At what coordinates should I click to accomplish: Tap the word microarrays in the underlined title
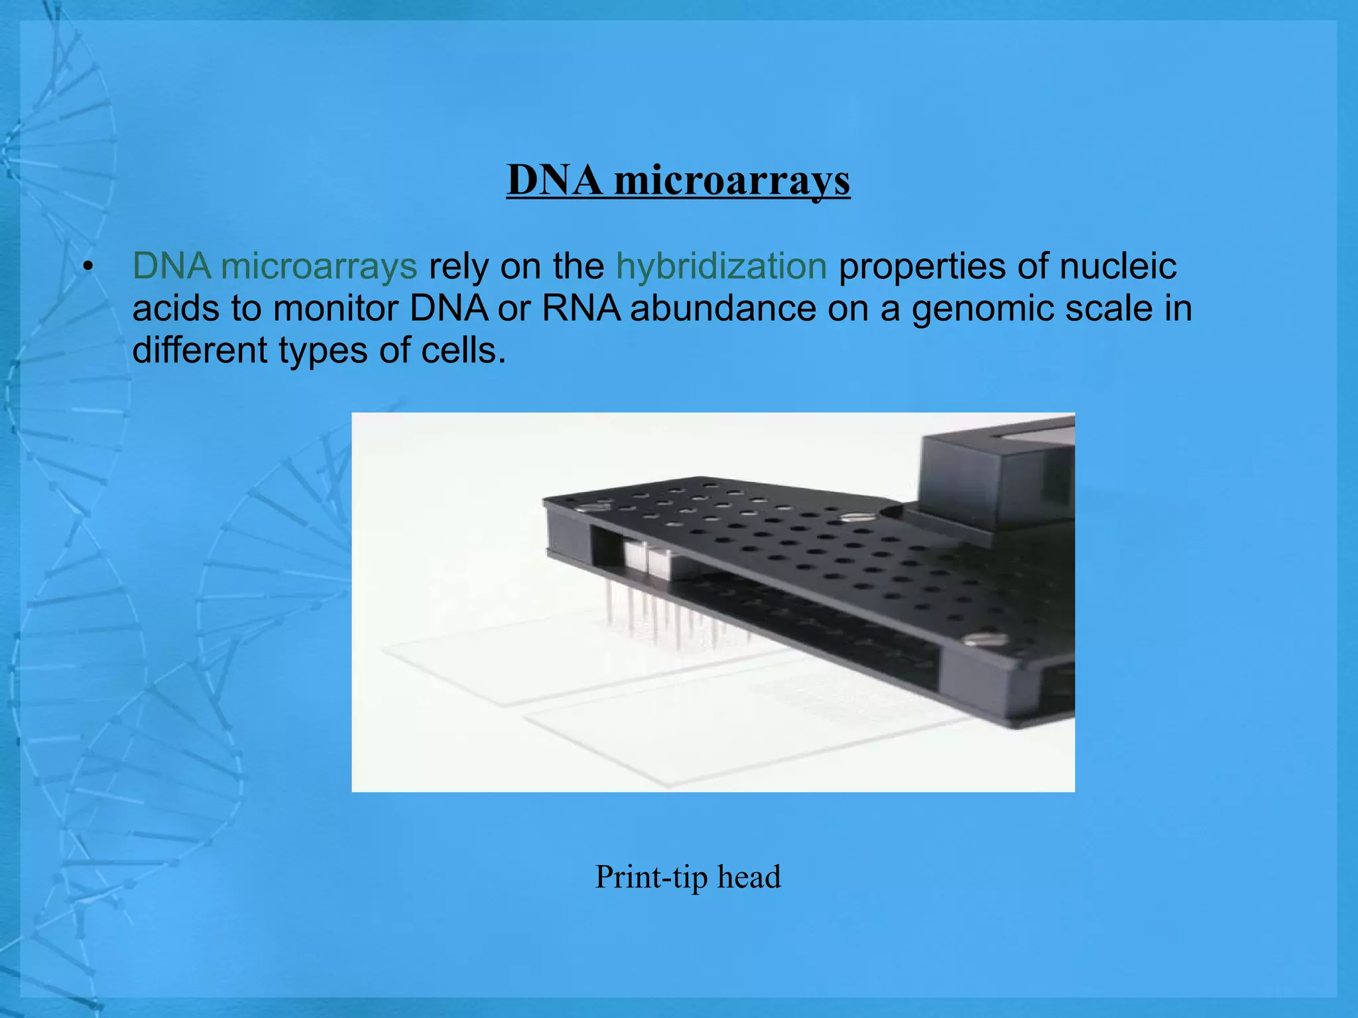pyautogui.click(x=732, y=181)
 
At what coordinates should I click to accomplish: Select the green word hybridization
pyautogui.click(x=721, y=266)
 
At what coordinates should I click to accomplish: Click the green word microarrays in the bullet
pyautogui.click(x=319, y=266)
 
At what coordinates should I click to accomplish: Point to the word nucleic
pyautogui.click(x=1118, y=266)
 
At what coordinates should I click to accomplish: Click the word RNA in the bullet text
pyautogui.click(x=581, y=309)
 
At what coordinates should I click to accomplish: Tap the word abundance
pyautogui.click(x=723, y=309)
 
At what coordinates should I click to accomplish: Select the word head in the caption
pyautogui.click(x=749, y=876)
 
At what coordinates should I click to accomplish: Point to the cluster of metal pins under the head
pyautogui.click(x=670, y=616)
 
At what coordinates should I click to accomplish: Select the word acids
pyautogui.click(x=176, y=309)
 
